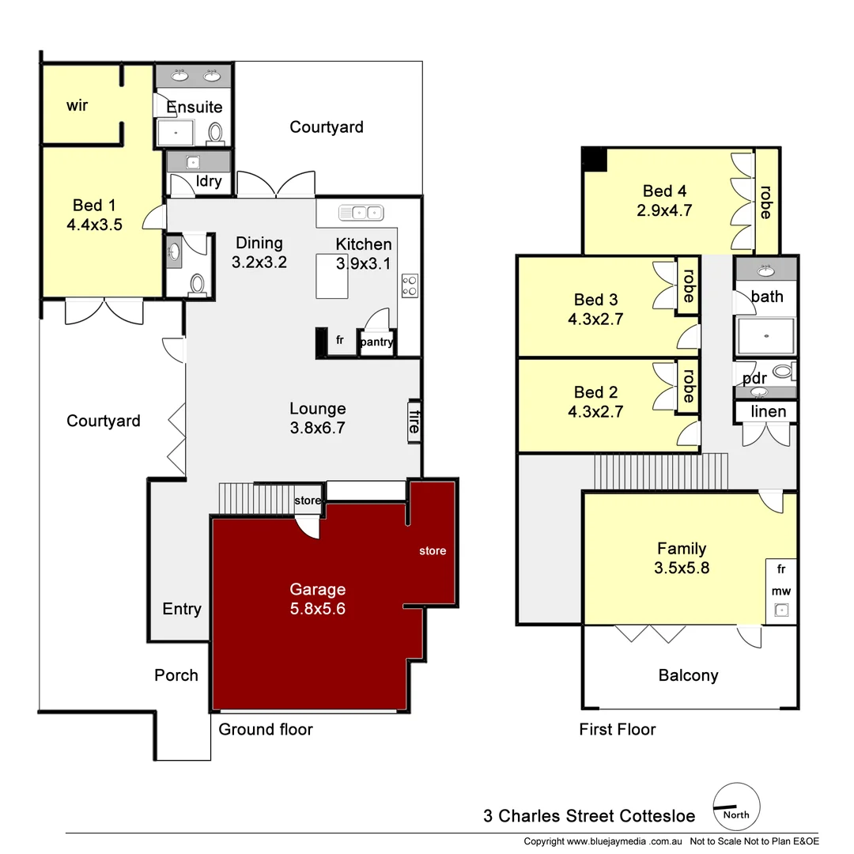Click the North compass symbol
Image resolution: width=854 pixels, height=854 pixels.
[x=737, y=806]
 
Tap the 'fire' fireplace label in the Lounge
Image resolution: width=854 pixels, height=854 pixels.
[x=413, y=421]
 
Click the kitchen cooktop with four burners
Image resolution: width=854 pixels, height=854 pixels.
[x=410, y=285]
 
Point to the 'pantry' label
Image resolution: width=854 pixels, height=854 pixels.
[x=376, y=342]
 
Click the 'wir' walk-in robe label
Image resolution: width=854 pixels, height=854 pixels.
[x=77, y=105]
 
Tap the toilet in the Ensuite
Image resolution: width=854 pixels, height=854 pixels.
[x=215, y=132]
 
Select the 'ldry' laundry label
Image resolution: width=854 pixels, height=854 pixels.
[x=208, y=182]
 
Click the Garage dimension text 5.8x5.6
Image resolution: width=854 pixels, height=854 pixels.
[x=317, y=609]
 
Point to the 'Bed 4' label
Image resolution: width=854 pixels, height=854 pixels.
[x=664, y=191]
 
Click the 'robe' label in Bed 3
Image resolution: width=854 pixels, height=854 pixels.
[x=687, y=285]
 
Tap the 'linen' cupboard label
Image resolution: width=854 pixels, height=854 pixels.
[x=768, y=411]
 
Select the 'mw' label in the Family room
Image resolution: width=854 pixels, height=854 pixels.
[x=781, y=591]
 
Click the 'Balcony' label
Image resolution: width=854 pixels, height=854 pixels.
[x=688, y=675]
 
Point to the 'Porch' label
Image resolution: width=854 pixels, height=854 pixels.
[x=176, y=675]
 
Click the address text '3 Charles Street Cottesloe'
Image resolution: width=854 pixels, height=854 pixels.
[x=589, y=816]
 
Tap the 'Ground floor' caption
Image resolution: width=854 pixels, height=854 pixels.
[x=266, y=729]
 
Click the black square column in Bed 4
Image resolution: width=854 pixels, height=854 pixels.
[x=594, y=159]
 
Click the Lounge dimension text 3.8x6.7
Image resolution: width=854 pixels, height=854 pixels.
[x=317, y=429]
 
